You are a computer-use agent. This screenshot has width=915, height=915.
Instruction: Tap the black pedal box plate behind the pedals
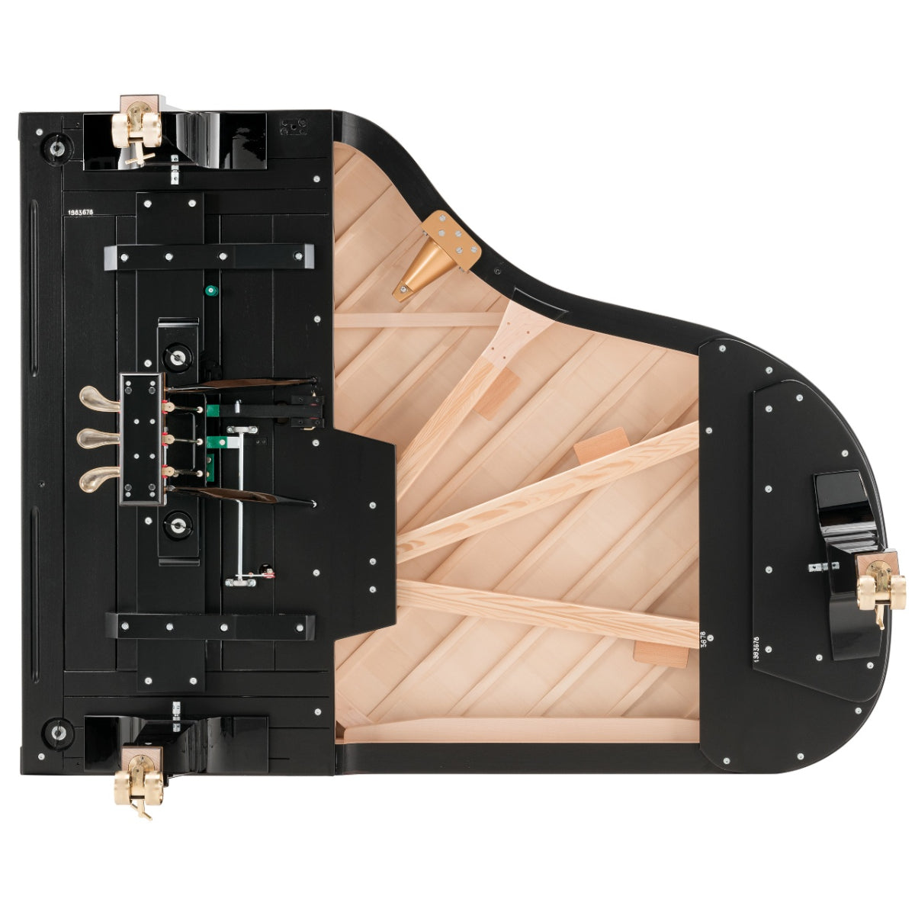pos(142,438)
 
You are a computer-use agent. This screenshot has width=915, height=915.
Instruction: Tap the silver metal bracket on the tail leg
pos(823,566)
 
